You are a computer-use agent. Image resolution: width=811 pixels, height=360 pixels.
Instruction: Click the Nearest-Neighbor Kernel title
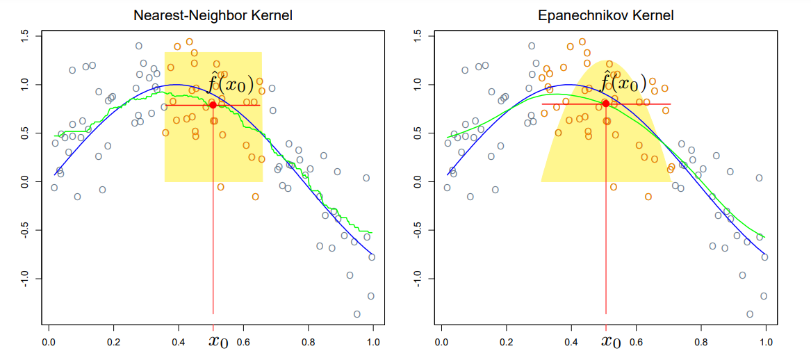pyautogui.click(x=213, y=15)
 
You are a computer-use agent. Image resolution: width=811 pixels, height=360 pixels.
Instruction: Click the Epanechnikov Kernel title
pyautogui.click(x=605, y=15)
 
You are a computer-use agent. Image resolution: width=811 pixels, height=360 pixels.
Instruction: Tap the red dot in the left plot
pyautogui.click(x=213, y=105)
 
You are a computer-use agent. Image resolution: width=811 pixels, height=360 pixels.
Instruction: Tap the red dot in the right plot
pyautogui.click(x=606, y=104)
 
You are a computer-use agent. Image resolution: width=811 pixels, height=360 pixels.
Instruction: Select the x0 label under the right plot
pyautogui.click(x=611, y=341)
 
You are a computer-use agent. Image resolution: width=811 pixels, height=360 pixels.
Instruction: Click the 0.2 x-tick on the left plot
pyautogui.click(x=113, y=342)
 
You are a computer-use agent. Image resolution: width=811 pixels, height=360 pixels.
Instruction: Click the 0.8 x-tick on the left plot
pyautogui.click(x=309, y=342)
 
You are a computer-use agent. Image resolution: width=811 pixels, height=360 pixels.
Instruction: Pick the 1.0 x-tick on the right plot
pyautogui.click(x=767, y=342)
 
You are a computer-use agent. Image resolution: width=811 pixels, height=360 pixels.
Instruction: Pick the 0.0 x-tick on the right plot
pyautogui.click(x=441, y=342)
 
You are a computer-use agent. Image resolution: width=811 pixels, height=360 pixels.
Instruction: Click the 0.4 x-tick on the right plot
pyautogui.click(x=571, y=342)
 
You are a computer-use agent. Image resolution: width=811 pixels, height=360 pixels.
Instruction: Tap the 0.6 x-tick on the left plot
pyautogui.click(x=243, y=342)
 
